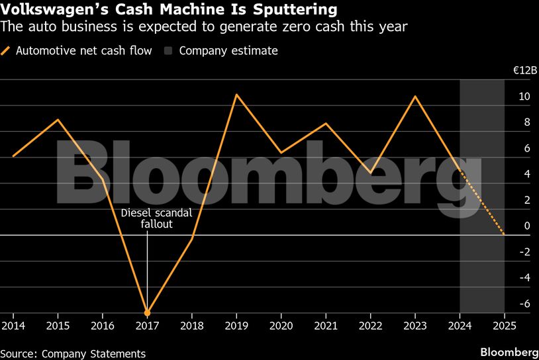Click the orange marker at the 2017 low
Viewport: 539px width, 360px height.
coord(147,312)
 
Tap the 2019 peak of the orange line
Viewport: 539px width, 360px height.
coord(236,95)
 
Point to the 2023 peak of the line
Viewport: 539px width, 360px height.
coord(415,97)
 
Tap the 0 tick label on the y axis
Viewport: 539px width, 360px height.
coord(527,226)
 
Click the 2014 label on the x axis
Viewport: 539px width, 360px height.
coord(13,326)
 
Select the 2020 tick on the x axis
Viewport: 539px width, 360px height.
coord(281,326)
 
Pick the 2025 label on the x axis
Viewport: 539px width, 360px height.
coord(504,326)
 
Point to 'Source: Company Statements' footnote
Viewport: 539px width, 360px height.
coord(73,353)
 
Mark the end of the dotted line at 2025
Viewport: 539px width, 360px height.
coord(504,234)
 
